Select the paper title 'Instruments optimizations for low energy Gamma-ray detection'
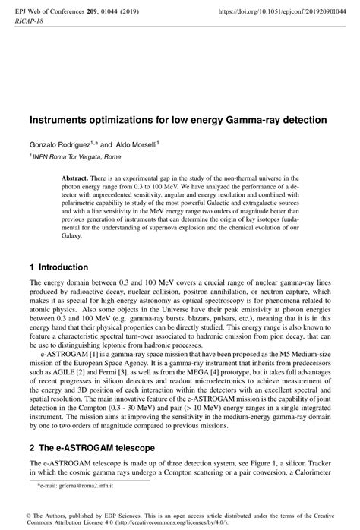178,120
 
